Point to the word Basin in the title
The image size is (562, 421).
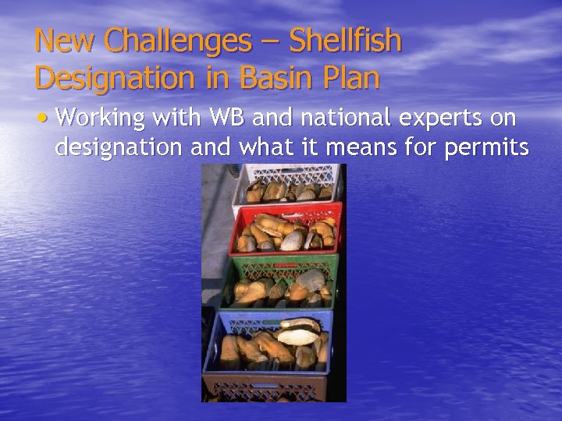[x=274, y=77]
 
